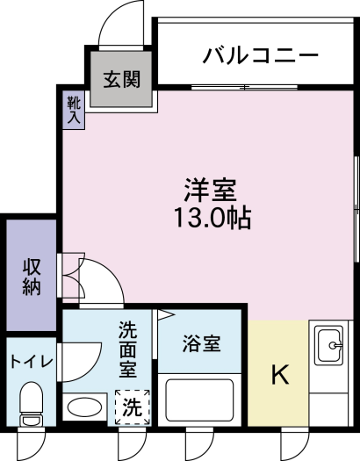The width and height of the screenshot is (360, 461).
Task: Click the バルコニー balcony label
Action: [261, 55]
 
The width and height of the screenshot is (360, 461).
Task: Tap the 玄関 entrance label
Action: [122, 79]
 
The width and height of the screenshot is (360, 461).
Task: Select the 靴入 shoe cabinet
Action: [74, 110]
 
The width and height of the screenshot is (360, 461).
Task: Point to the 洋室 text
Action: [210, 191]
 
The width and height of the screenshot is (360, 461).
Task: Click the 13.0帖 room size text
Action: [212, 218]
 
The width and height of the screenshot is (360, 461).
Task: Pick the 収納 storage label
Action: [32, 277]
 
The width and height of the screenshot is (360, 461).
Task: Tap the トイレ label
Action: [32, 361]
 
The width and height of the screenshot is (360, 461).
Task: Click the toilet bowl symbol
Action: [31, 404]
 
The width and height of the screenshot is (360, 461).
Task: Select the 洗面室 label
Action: [128, 349]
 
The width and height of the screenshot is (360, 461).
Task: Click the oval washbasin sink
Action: [85, 407]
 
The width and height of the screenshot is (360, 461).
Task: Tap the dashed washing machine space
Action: [133, 407]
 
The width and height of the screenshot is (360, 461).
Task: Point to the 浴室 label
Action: [202, 343]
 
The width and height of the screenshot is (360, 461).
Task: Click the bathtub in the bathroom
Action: [199, 400]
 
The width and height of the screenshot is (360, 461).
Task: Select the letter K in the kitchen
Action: [280, 374]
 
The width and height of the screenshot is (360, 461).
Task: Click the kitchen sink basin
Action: [328, 345]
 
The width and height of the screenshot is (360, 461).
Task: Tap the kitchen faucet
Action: [335, 345]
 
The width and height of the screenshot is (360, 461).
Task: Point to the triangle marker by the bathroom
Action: [166, 315]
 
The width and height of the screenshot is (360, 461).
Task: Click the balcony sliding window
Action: [244, 87]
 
